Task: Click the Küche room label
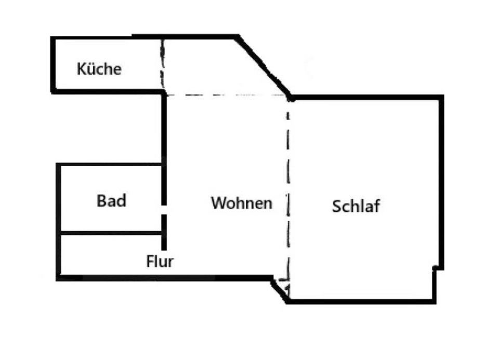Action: [x=99, y=69]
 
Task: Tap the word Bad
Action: [x=111, y=201]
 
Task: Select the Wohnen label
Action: [x=241, y=203]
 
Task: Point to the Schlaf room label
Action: [x=356, y=206]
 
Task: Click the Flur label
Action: [x=160, y=261]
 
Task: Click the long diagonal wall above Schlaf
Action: [x=264, y=66]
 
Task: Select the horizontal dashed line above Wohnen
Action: [x=226, y=95]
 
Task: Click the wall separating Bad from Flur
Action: [x=110, y=232]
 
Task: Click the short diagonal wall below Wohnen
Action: [x=279, y=291]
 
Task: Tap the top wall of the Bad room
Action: [x=110, y=165]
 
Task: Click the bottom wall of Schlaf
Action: [x=361, y=301]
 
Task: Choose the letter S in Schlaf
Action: [x=337, y=206]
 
